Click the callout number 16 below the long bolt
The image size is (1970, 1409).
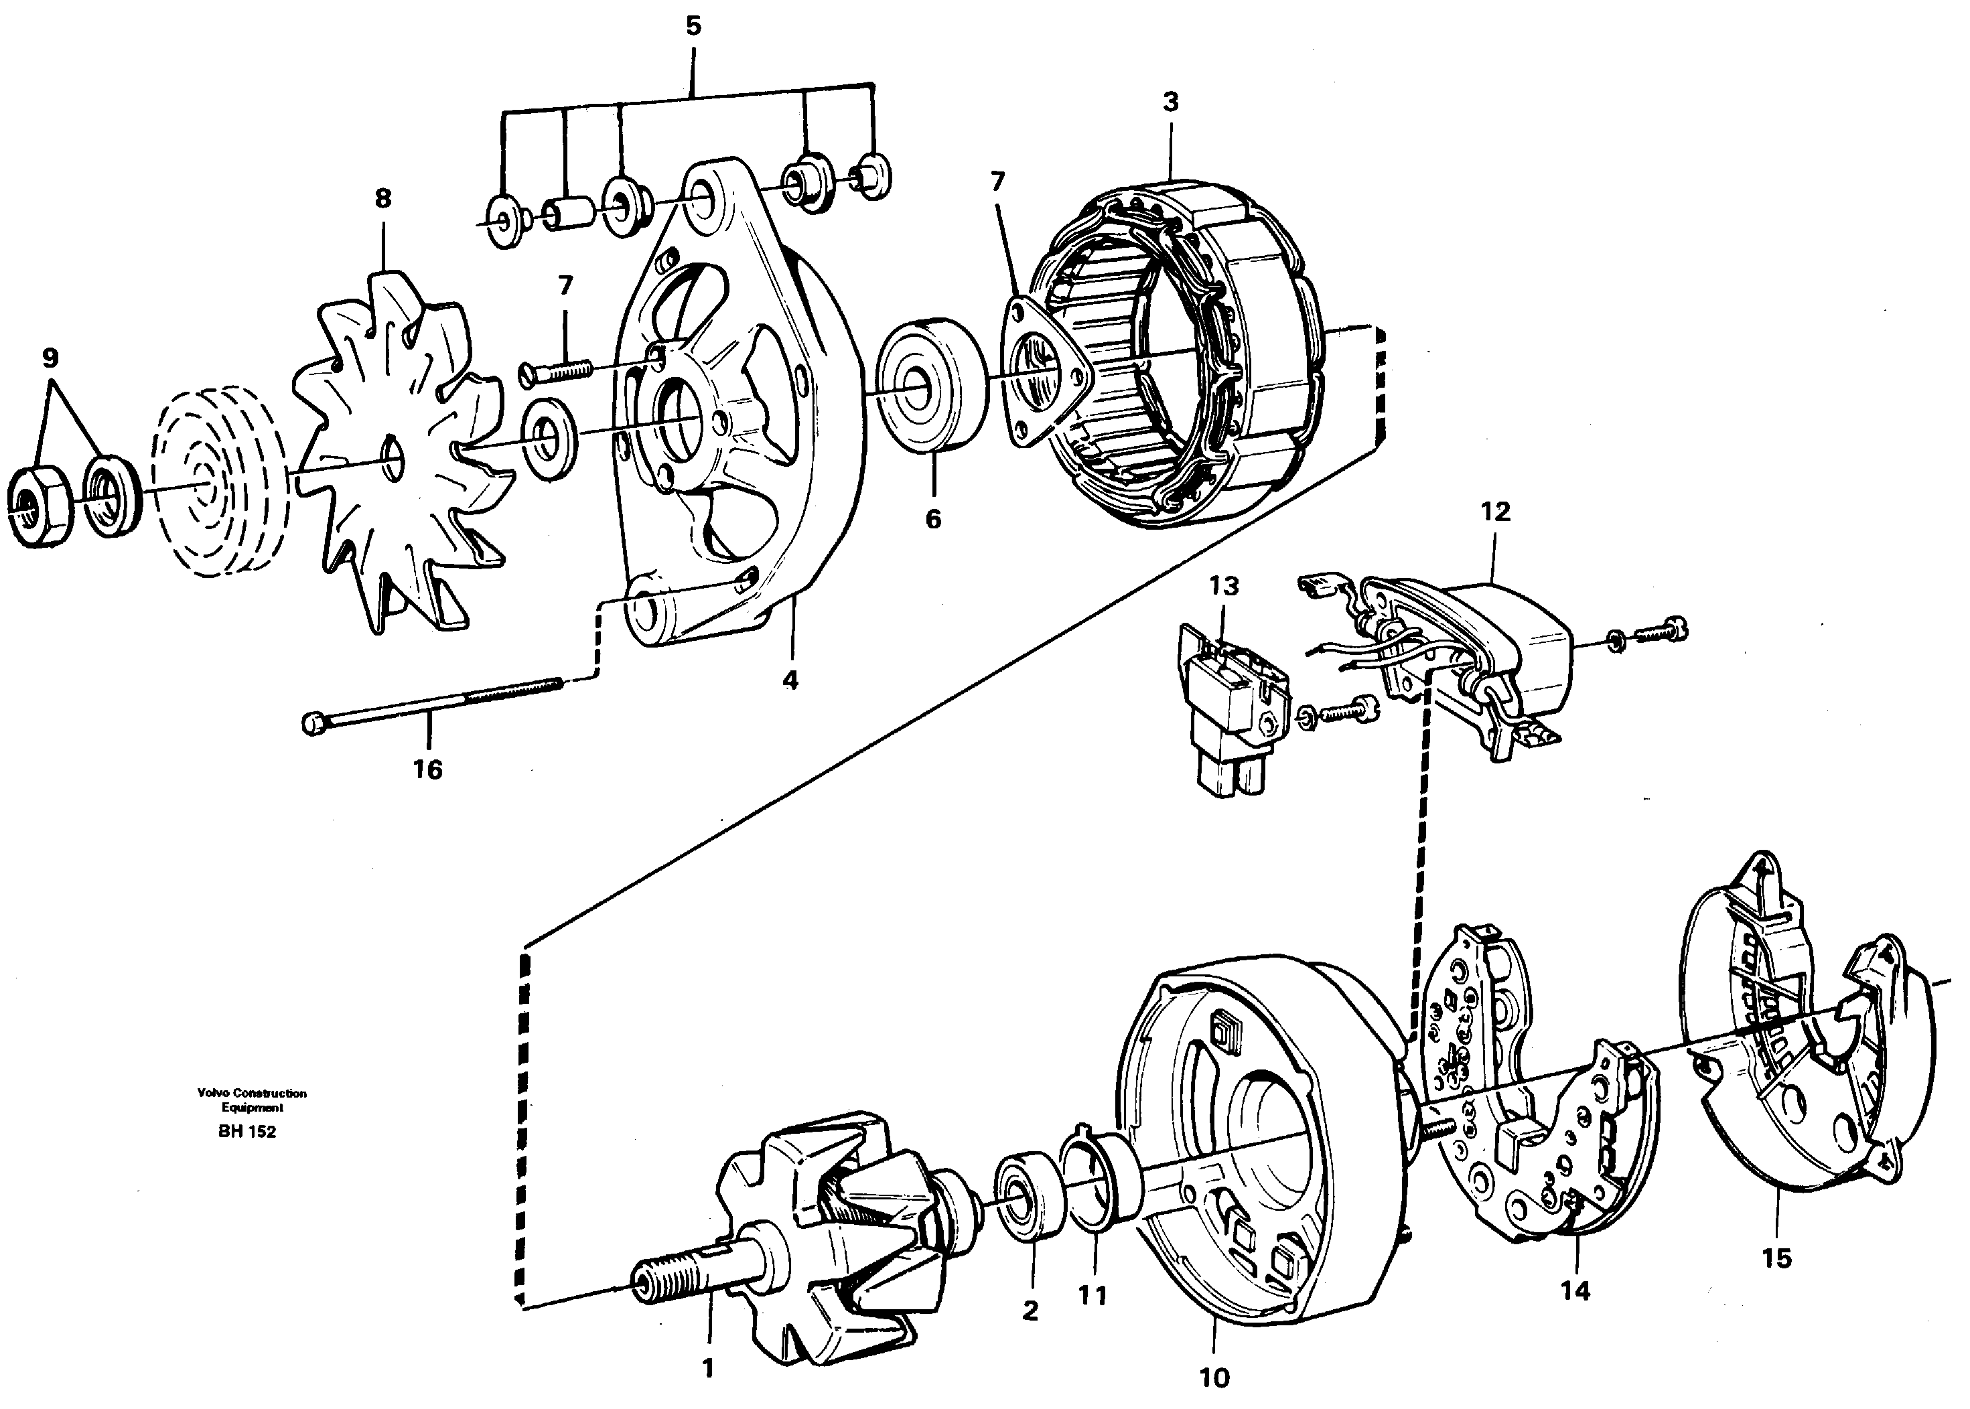tap(428, 769)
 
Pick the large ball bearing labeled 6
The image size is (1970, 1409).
tap(931, 387)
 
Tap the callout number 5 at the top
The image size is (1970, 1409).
tap(693, 26)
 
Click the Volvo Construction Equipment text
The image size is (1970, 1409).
tap(252, 1100)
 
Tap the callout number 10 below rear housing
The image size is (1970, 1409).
tap(1214, 1378)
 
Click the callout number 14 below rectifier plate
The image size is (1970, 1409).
tap(1575, 1291)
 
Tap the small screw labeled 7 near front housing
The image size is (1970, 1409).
tap(555, 372)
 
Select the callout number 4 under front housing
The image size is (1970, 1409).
tap(790, 681)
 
